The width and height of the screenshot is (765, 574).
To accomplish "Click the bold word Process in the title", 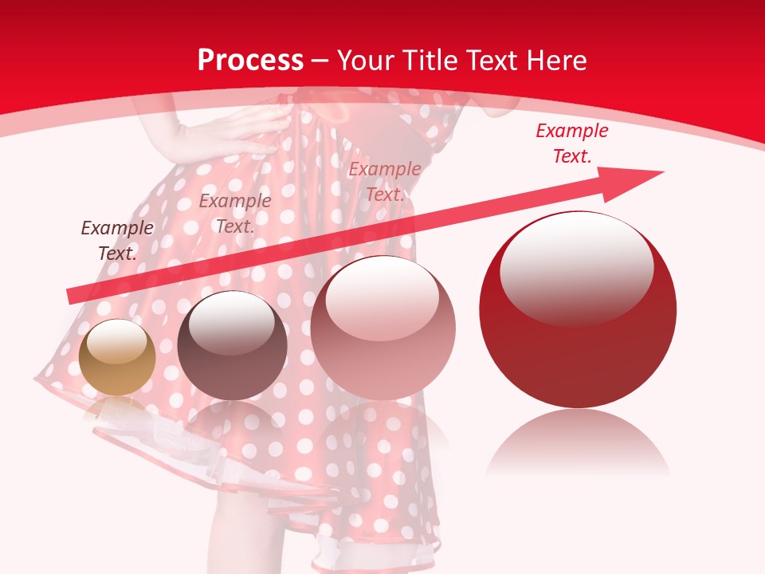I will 250,61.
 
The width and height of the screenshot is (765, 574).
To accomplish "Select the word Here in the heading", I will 557,61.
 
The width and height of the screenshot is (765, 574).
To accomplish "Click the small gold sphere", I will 117,358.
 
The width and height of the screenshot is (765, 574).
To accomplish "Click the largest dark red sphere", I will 578,319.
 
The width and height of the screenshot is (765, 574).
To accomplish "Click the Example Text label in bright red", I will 572,143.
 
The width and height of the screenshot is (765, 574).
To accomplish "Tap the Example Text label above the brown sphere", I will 235,214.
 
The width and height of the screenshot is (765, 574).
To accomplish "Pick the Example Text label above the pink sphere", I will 385,182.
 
